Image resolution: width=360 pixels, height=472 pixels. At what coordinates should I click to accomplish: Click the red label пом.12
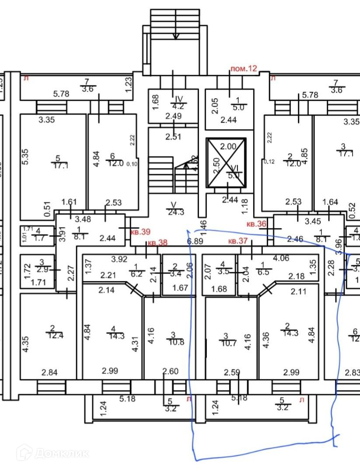(244, 68)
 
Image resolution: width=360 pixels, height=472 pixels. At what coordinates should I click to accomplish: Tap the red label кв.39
(140, 232)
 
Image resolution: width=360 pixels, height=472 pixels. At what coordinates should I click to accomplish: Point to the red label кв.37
(238, 241)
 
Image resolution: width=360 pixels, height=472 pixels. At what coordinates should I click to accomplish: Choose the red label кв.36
(257, 224)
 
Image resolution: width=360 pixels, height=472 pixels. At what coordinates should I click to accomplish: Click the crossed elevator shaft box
(226, 163)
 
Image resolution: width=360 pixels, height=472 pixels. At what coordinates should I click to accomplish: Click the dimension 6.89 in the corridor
(195, 241)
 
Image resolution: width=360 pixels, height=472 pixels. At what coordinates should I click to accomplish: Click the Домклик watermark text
(61, 453)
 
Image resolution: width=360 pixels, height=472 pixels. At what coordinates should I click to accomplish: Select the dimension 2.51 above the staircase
(173, 137)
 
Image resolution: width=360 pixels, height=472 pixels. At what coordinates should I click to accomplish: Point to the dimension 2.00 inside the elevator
(228, 147)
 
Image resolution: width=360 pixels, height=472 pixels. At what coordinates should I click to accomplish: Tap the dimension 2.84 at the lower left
(50, 372)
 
